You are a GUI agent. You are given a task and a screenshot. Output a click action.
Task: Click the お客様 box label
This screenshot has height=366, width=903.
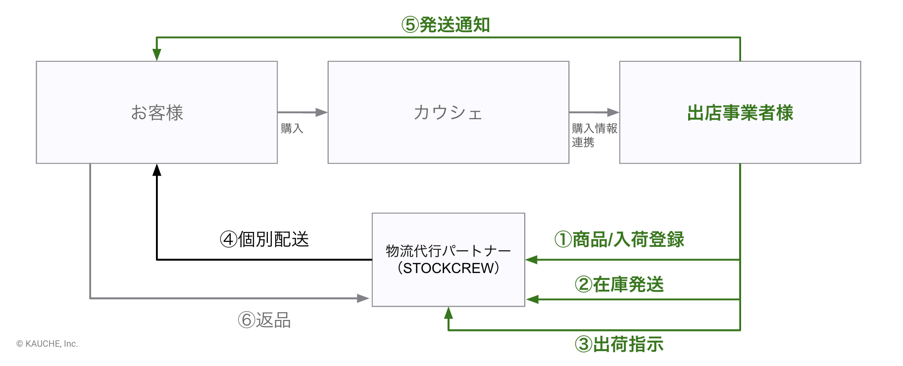pyautogui.click(x=157, y=113)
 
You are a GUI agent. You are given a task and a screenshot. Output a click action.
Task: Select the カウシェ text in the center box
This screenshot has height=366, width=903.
pyautogui.click(x=448, y=113)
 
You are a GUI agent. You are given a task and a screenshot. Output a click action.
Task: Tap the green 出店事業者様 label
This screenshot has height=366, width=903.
pyautogui.click(x=740, y=113)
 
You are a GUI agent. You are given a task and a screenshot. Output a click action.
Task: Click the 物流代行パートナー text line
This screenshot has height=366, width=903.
pyautogui.click(x=448, y=251)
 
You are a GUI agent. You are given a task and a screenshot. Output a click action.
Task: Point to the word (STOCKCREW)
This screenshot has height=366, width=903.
pyautogui.click(x=448, y=268)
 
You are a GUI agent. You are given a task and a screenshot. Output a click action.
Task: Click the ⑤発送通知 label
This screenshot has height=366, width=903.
pyautogui.click(x=446, y=24)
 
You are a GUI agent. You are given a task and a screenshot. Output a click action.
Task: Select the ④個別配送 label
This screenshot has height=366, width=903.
pyautogui.click(x=264, y=239)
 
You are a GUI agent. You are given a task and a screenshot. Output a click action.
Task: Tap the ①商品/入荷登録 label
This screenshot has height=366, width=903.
pyautogui.click(x=619, y=239)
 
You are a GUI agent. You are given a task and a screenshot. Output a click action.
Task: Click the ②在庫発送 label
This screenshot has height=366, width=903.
pyautogui.click(x=619, y=284)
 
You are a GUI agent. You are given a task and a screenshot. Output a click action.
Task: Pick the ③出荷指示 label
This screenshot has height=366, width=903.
pyautogui.click(x=619, y=344)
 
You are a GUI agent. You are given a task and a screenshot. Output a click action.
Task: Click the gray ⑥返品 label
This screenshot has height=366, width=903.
pyautogui.click(x=264, y=320)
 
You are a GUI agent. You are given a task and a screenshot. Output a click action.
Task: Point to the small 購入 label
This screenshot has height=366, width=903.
pyautogui.click(x=292, y=129)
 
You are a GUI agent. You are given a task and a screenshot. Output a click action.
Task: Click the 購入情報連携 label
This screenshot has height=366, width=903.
pyautogui.click(x=594, y=135)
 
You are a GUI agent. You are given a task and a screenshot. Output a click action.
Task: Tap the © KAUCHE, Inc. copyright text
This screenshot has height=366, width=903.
pyautogui.click(x=47, y=344)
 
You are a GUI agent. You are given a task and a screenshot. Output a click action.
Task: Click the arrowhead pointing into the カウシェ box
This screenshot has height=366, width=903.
pyautogui.click(x=322, y=112)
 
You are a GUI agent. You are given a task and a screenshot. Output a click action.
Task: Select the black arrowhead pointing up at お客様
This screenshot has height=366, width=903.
pyautogui.click(x=157, y=170)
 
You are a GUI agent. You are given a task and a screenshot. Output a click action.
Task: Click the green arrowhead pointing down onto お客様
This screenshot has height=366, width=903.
pyautogui.click(x=157, y=54)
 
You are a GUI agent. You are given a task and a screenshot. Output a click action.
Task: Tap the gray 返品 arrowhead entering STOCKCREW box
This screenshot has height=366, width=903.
pyautogui.click(x=363, y=298)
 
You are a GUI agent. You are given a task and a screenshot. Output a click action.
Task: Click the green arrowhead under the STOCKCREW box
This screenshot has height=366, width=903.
pyautogui.click(x=449, y=313)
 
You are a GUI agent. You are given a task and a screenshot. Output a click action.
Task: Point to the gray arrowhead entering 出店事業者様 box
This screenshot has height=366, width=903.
pyautogui.click(x=613, y=112)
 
